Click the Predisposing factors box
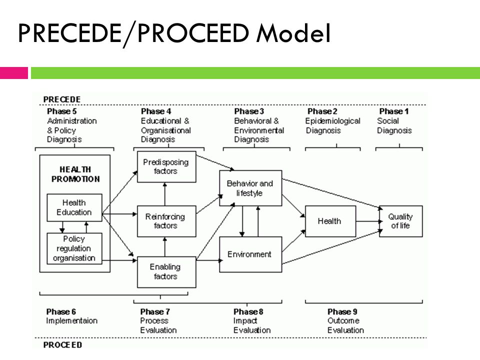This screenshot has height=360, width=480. pyautogui.click(x=166, y=166)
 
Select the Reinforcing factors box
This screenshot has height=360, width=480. pyautogui.click(x=166, y=221)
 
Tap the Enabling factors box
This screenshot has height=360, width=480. pyautogui.click(x=166, y=272)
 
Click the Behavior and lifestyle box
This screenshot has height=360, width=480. pyautogui.click(x=250, y=188)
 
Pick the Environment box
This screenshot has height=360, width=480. pyautogui.click(x=250, y=254)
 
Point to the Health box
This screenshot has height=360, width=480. pyautogui.click(x=330, y=221)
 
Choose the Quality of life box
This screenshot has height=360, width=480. pyautogui.click(x=400, y=221)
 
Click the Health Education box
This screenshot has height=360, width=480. pyautogui.click(x=74, y=207)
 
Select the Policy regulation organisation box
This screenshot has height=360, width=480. pyautogui.click(x=74, y=248)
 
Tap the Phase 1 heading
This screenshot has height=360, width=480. pyautogui.click(x=393, y=111)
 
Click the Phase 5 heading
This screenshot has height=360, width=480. pyautogui.click(x=61, y=111)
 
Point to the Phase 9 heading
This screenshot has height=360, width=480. pyautogui.click(x=342, y=311)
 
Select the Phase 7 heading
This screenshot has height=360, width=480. pyautogui.click(x=155, y=311)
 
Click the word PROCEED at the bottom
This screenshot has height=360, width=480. pyautogui.click(x=62, y=344)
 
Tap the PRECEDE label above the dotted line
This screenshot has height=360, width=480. pyautogui.click(x=62, y=99)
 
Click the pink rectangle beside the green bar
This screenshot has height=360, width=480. pyautogui.click(x=14, y=73)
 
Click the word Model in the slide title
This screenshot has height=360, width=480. pyautogui.click(x=293, y=33)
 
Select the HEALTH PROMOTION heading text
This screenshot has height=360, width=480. pyautogui.click(x=75, y=174)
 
